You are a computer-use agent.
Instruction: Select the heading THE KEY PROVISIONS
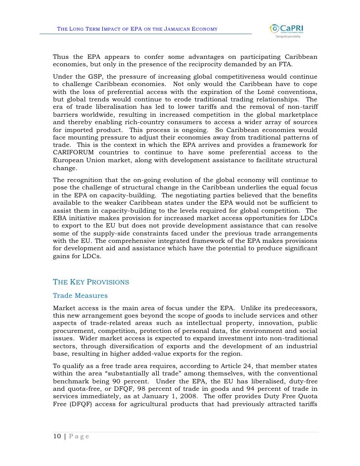point(90,282)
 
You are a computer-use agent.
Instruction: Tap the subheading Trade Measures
point(80,296)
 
